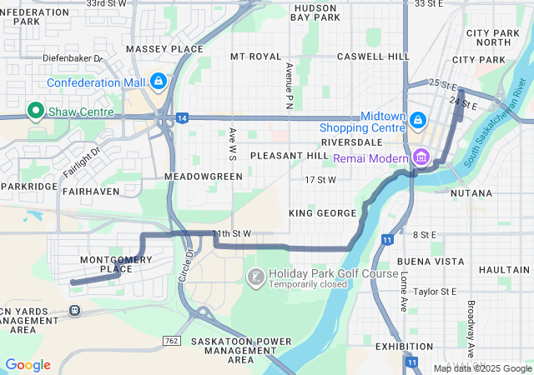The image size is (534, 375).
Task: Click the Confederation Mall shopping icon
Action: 158,82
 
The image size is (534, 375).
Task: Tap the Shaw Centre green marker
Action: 36,110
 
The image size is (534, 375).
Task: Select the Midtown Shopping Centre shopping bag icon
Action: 416,122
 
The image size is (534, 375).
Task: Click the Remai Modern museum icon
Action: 421,157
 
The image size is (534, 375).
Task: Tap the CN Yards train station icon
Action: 75,310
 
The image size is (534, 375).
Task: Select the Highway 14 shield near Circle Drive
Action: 182,118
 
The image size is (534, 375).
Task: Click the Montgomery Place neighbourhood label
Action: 116,265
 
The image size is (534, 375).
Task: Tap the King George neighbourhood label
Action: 322,213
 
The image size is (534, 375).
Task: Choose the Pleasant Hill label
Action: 290,156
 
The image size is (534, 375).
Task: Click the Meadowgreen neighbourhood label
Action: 204,177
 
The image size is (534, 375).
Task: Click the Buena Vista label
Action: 431,261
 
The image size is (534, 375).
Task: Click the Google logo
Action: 28,365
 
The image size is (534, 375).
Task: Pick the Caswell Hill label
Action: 373,57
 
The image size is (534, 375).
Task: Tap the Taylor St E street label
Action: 436,292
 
